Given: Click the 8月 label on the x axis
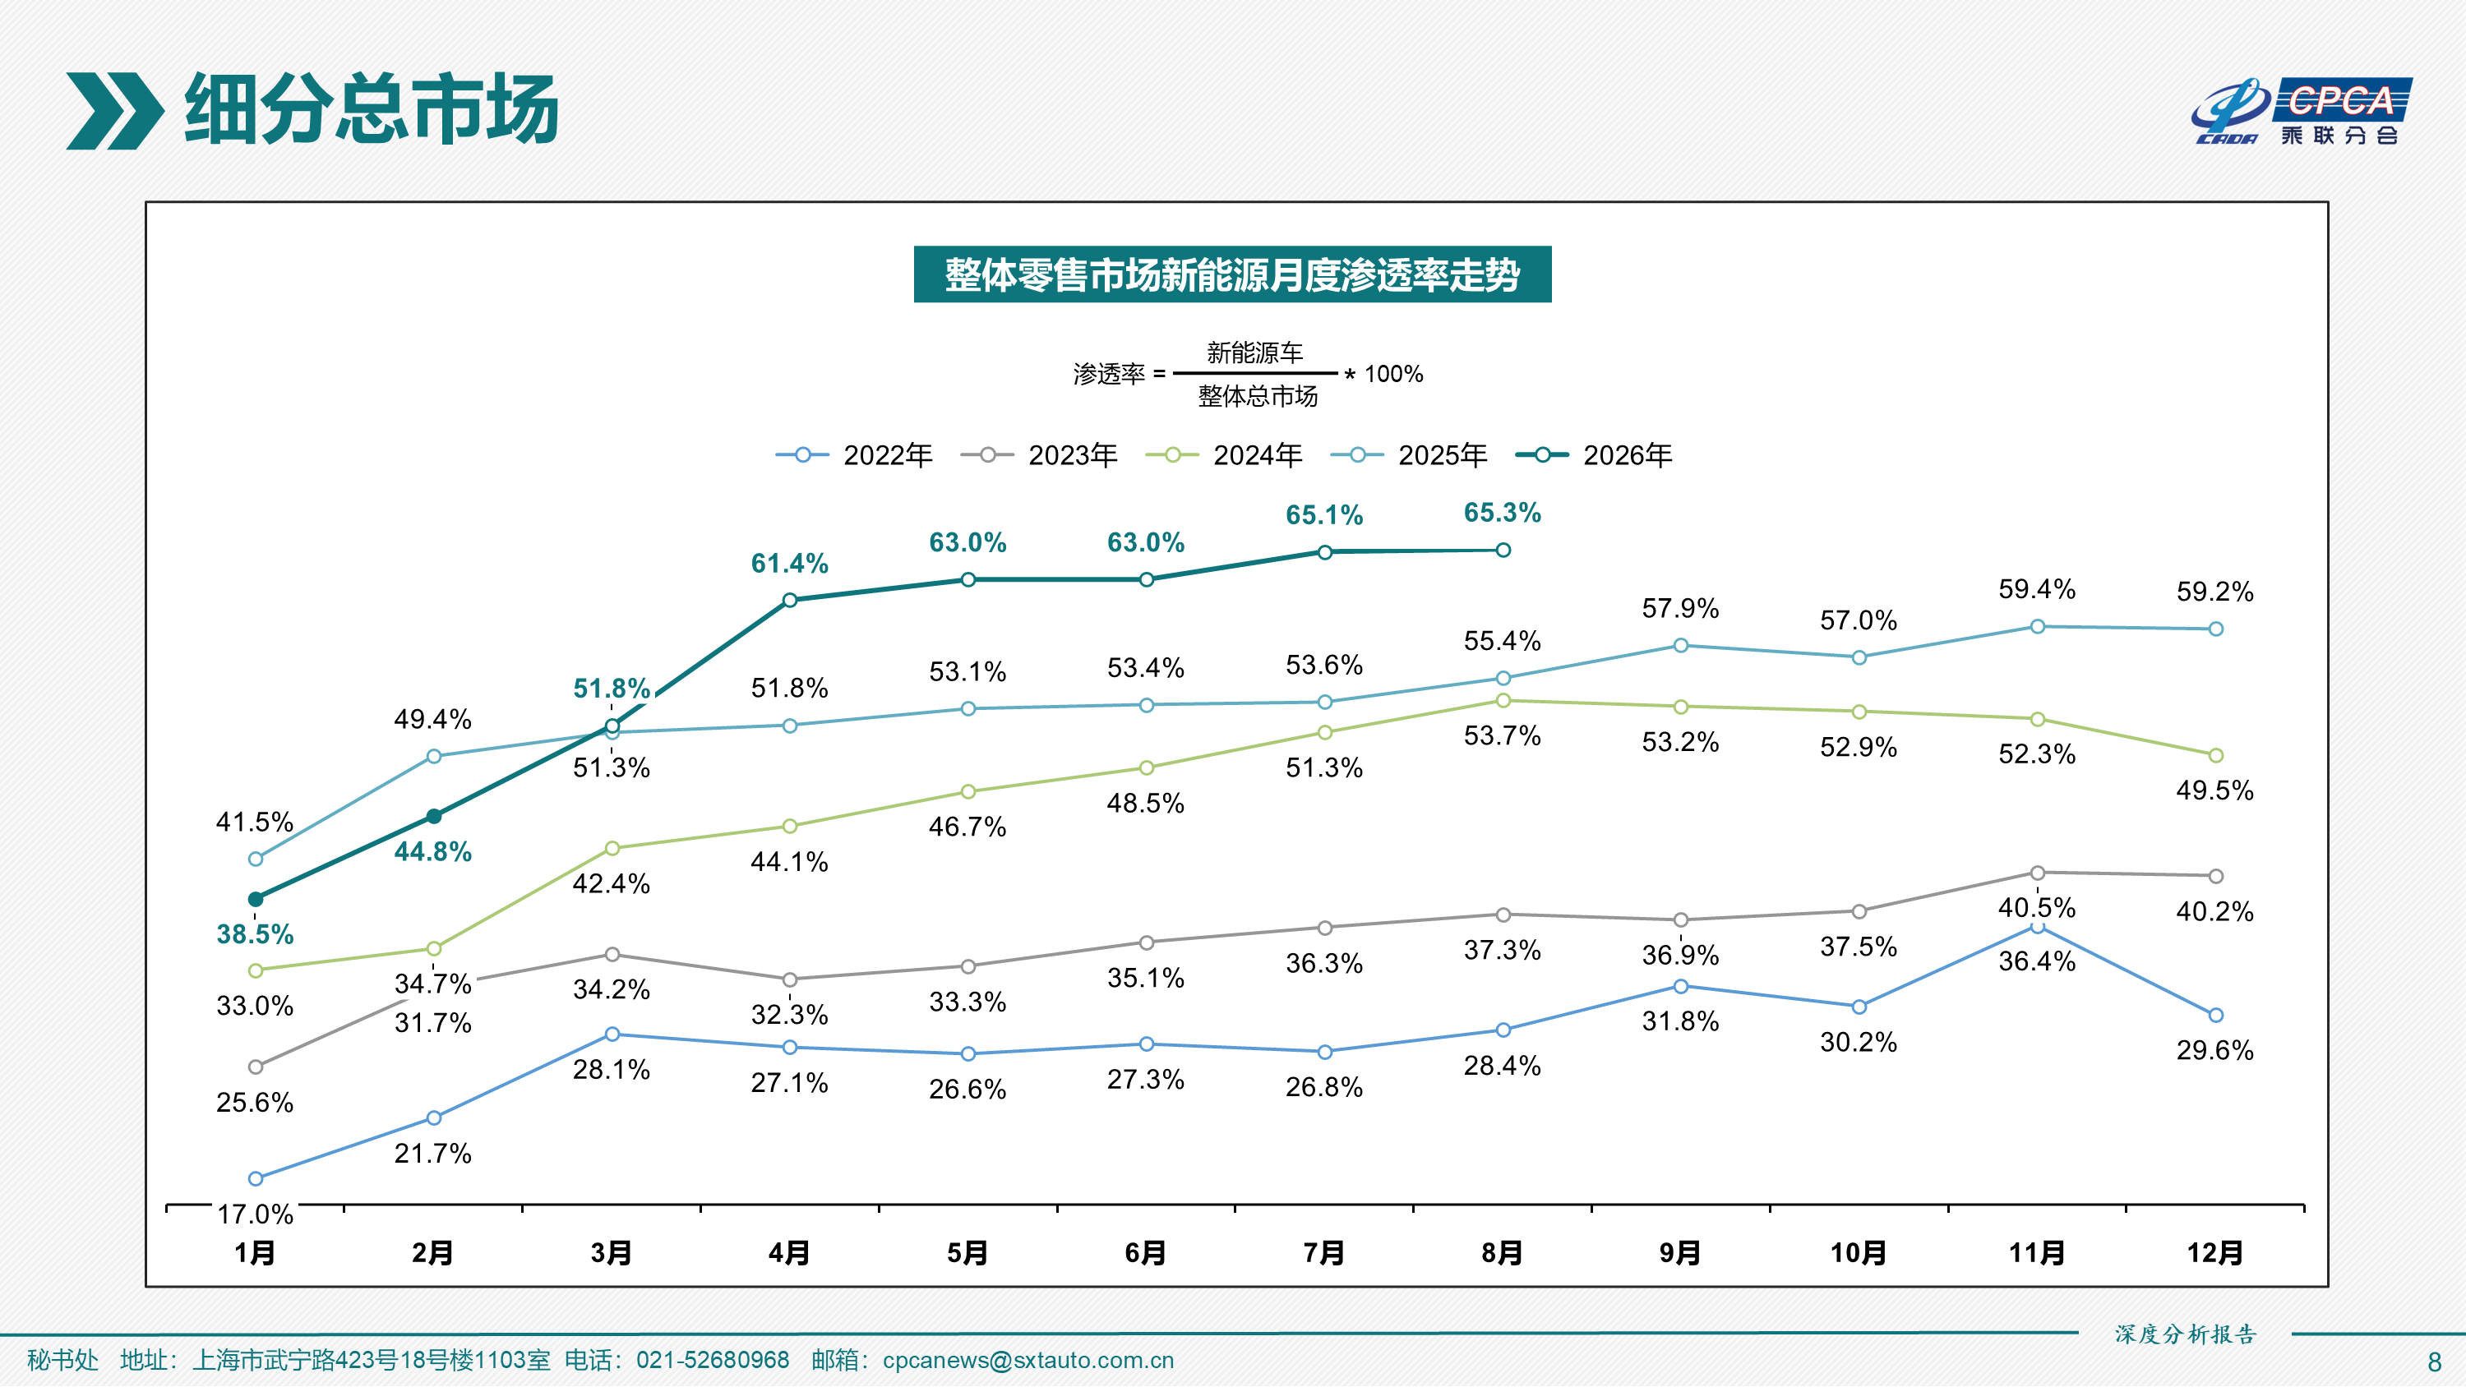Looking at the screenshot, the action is click(1502, 1252).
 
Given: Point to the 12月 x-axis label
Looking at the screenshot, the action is click(2215, 1252).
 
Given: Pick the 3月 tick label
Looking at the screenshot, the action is click(611, 1252).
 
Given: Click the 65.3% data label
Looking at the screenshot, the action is click(1502, 513).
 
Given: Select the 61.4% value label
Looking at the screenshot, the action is click(790, 564).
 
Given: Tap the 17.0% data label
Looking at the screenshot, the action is click(255, 1214).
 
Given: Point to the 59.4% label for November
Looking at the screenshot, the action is click(2037, 590).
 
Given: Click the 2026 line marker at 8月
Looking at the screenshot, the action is click(1503, 551).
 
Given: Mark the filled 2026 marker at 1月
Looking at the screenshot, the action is click(256, 899).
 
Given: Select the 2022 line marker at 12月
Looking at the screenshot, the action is click(2215, 1015).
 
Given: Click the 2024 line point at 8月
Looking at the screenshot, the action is click(1503, 701).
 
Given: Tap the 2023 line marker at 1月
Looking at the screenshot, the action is click(256, 1067).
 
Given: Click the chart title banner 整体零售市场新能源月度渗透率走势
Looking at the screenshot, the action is click(1232, 274).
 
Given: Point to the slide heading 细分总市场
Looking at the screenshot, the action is click(372, 109).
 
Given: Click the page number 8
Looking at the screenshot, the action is click(2435, 1362).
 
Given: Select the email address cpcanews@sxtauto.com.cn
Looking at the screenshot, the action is click(1028, 1360).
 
